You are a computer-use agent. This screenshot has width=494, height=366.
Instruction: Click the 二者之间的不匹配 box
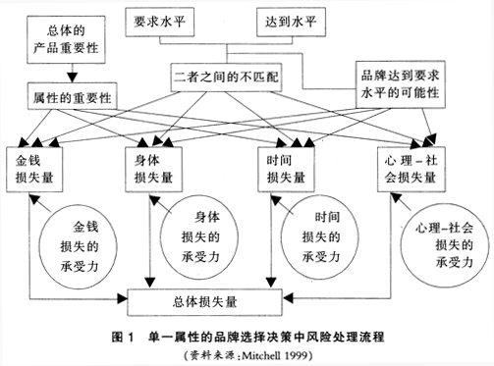pos(227,74)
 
